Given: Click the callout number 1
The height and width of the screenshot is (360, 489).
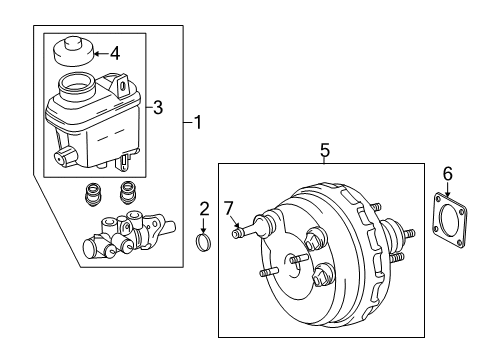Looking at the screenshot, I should [198, 124].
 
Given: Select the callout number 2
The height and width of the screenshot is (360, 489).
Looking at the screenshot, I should [205, 208].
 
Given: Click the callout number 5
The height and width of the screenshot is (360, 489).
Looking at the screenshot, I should [324, 150].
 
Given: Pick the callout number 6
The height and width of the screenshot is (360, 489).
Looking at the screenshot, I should [448, 174].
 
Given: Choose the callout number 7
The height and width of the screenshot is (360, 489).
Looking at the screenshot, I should [229, 207].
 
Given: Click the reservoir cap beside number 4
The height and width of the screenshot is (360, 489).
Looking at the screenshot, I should [73, 50].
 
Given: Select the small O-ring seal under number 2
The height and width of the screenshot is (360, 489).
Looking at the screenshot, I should [204, 242].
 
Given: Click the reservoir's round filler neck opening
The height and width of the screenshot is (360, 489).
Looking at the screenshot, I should [78, 85].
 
